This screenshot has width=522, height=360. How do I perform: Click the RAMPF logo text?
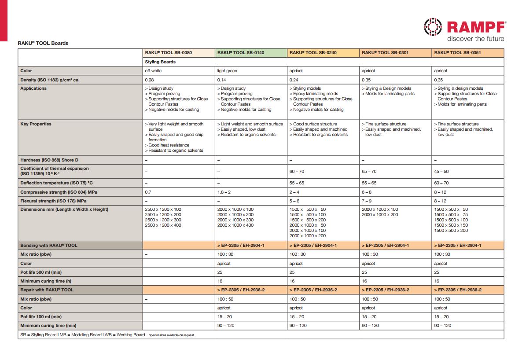(x=477, y=27)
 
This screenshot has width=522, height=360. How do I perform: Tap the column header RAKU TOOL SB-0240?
(x=313, y=53)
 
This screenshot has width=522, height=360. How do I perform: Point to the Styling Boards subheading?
(x=160, y=62)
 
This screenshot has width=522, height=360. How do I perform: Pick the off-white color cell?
(x=153, y=71)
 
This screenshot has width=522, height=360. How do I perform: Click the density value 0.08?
(x=149, y=80)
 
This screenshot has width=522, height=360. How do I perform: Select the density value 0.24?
(x=294, y=80)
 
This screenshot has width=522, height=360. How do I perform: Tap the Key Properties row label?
(x=36, y=124)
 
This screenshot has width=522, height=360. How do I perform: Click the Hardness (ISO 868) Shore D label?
(x=49, y=160)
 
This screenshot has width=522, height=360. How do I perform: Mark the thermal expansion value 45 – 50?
(x=441, y=172)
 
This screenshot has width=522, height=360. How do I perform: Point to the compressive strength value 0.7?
(x=148, y=192)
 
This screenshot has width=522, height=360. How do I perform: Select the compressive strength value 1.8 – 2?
(x=224, y=192)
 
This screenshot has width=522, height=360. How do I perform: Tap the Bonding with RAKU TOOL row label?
(x=48, y=246)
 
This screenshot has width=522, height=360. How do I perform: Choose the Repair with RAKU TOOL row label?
(x=47, y=290)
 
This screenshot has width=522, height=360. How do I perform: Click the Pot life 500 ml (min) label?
(x=41, y=272)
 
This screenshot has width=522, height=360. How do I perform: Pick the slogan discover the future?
(x=476, y=39)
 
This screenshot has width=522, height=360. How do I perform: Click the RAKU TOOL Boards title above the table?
(x=43, y=43)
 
